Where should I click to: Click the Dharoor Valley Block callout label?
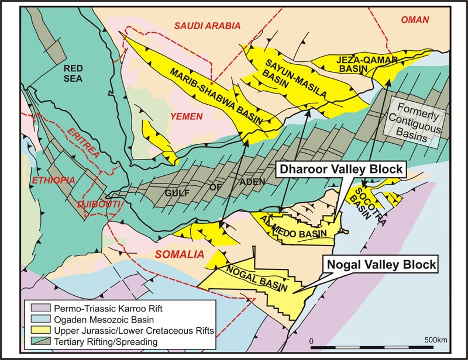click(339, 169)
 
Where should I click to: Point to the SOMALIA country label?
click(178, 254)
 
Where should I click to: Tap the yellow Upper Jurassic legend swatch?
click(36, 331)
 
